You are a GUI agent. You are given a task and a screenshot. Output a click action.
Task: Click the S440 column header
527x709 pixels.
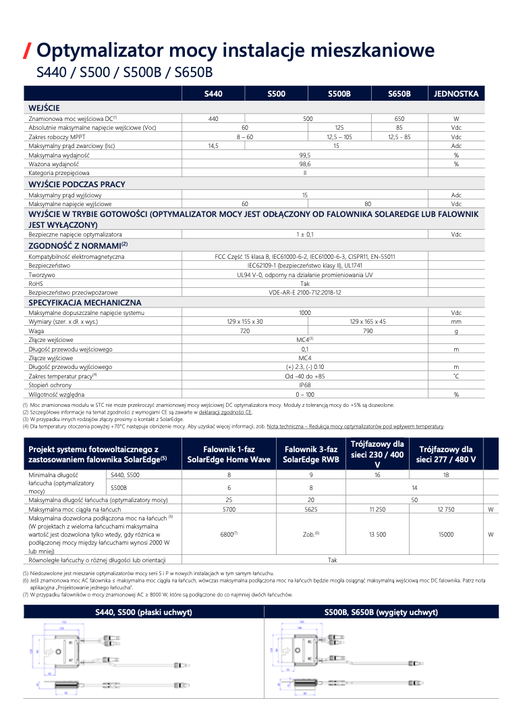click(x=213, y=94)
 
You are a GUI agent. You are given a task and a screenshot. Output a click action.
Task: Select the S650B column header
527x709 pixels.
click(x=399, y=94)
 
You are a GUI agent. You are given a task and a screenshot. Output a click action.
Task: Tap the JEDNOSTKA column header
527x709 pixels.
click(x=456, y=94)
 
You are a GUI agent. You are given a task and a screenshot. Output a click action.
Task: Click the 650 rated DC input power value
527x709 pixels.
click(x=399, y=118)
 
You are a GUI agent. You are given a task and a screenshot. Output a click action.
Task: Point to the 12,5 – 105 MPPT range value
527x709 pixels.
click(x=339, y=137)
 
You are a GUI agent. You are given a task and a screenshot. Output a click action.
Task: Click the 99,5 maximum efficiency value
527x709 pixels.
click(x=305, y=155)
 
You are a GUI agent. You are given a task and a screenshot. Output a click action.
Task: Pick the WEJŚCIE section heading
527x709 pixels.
click(x=44, y=108)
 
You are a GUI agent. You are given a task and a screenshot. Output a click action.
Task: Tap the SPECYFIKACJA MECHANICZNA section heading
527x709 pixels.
click(x=84, y=303)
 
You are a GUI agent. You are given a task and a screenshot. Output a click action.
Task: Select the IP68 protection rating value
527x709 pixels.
click(x=305, y=385)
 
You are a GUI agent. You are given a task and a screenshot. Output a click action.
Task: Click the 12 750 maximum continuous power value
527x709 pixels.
click(x=446, y=509)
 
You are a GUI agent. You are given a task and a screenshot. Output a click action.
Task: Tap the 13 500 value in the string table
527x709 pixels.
click(x=377, y=534)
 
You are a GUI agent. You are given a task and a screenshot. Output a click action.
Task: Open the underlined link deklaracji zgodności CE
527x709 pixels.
click(x=225, y=412)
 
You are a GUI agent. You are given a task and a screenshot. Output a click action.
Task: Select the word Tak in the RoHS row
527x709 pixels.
click(x=305, y=284)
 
